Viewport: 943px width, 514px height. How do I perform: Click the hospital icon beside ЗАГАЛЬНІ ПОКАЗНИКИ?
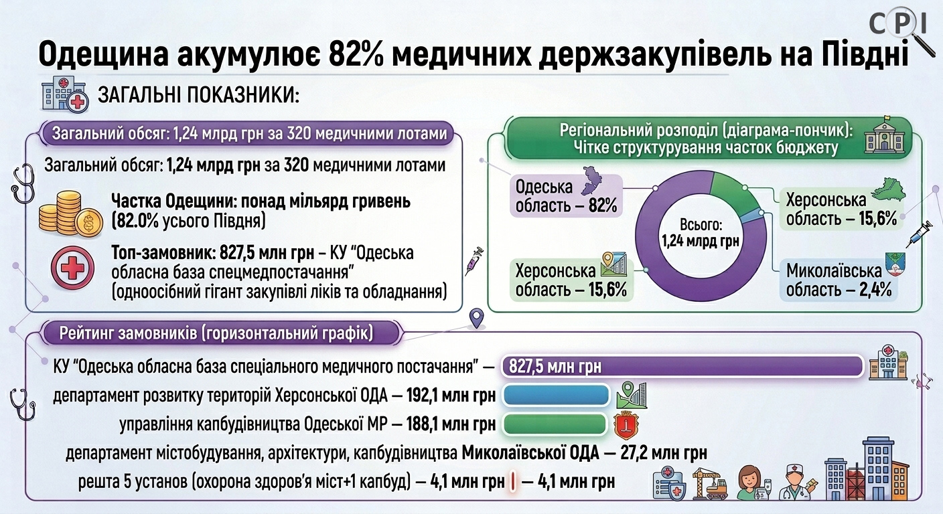click(65, 94)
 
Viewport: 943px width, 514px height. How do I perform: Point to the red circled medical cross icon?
click(72, 268)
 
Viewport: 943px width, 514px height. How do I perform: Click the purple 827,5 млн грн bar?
click(682, 366)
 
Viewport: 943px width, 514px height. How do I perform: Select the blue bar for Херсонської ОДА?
click(556, 396)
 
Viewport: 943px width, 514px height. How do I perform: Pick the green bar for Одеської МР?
click(555, 424)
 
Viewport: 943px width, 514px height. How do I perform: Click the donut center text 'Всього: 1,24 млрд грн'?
click(701, 233)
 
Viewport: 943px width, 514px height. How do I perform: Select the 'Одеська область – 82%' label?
click(566, 196)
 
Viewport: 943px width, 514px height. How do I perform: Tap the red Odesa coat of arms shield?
click(626, 426)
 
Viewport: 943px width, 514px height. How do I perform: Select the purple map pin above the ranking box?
click(476, 318)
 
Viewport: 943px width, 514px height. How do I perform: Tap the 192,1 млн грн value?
click(451, 396)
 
